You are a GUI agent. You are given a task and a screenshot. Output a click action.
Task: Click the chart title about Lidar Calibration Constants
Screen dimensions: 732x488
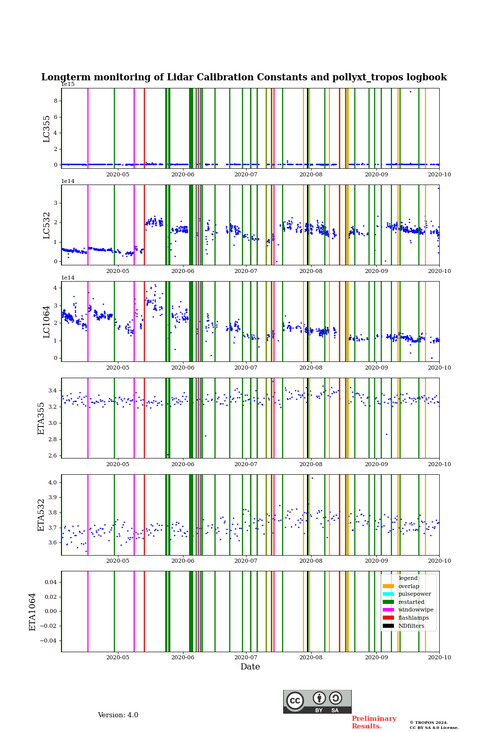tap(244, 77)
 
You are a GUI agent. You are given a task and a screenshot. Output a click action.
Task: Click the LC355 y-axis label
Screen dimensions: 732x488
tap(47, 129)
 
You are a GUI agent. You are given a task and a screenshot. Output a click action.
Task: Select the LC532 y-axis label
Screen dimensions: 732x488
tap(47, 225)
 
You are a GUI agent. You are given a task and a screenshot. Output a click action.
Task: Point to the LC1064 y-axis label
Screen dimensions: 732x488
tap(47, 322)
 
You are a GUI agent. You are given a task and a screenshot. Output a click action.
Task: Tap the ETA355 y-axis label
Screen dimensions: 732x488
tap(42, 418)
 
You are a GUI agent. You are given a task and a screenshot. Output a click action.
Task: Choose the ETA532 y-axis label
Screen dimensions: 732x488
tap(42, 515)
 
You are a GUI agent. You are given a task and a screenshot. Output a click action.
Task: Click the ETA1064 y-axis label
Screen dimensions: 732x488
tap(33, 612)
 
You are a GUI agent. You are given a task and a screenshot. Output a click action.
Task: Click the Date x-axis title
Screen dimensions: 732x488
tap(250, 667)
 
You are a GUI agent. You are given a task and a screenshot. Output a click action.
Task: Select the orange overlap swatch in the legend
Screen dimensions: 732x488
tap(388, 586)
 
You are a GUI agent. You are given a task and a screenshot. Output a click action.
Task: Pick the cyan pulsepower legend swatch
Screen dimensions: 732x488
tap(388, 594)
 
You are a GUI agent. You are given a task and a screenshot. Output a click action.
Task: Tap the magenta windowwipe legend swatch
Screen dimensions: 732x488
tap(388, 610)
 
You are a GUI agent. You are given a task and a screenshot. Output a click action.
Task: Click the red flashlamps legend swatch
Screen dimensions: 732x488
tap(388, 618)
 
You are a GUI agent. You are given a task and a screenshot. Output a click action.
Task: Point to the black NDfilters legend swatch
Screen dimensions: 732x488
tap(388, 626)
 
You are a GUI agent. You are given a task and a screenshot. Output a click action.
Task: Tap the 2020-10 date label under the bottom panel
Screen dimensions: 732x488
tap(439, 658)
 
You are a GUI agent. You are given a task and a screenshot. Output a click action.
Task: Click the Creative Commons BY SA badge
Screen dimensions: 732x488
tap(317, 701)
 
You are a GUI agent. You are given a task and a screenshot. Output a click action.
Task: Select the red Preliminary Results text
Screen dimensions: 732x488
tap(374, 722)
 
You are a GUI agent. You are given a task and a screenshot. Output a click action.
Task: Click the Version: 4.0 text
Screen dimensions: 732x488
tap(118, 715)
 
